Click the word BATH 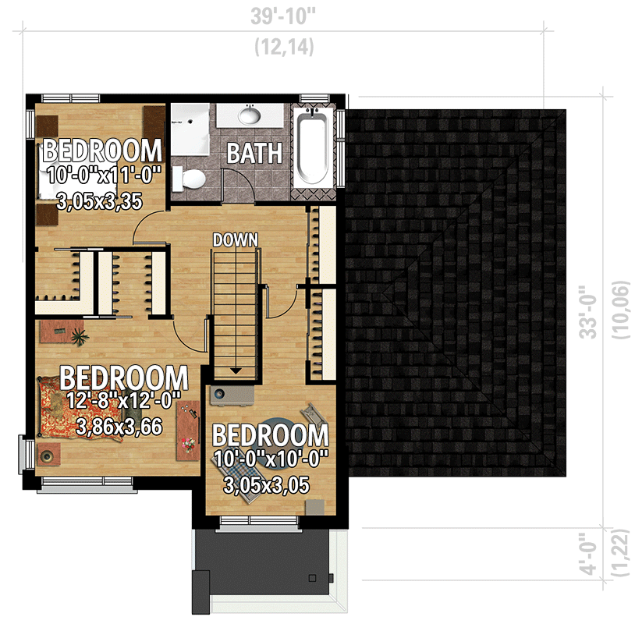(x=254, y=153)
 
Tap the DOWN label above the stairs (x=235, y=239)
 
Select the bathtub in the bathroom (x=316, y=149)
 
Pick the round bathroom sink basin (x=249, y=116)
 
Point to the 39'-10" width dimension (x=284, y=16)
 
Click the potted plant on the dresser (x=78, y=336)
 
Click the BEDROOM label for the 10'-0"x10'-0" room (x=270, y=435)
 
